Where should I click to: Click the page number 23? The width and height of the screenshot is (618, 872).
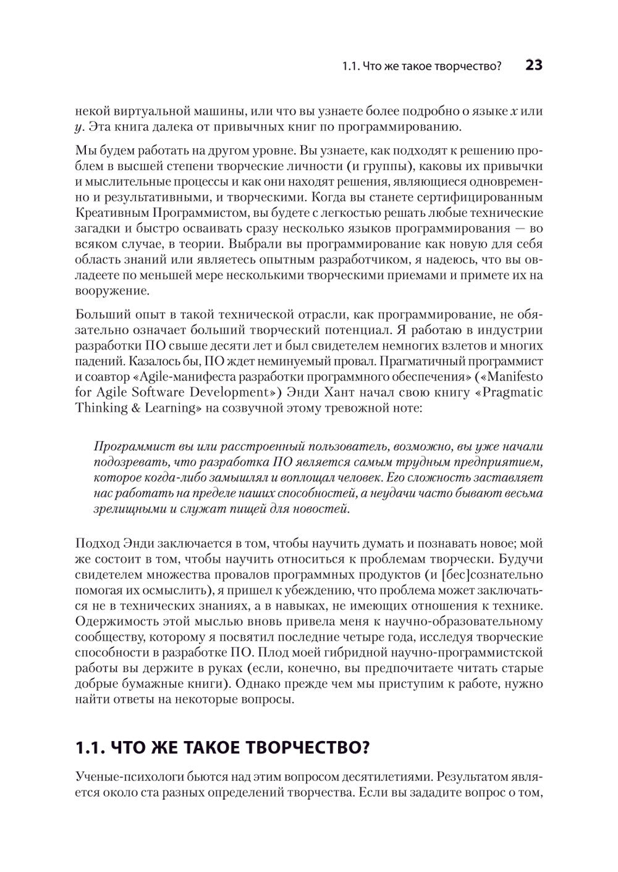533,65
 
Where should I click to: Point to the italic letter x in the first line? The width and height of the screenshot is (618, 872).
514,112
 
